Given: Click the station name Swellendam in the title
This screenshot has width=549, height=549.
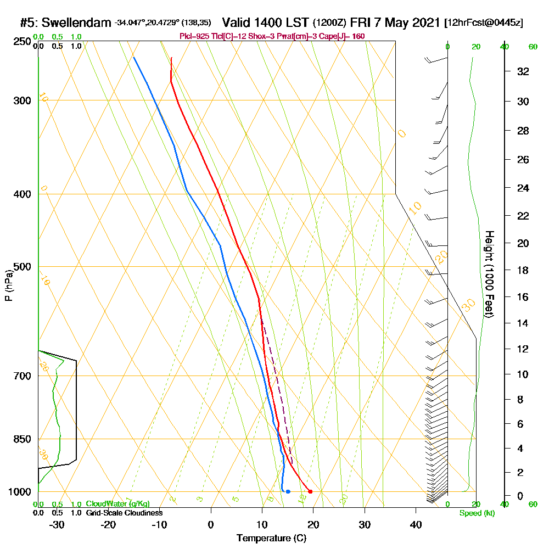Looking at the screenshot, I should (x=76, y=23).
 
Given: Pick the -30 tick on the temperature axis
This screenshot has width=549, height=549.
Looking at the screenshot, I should (x=57, y=524).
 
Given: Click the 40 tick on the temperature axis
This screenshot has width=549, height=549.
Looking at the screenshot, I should (x=416, y=524).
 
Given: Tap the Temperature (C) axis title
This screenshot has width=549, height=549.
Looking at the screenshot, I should (x=271, y=538).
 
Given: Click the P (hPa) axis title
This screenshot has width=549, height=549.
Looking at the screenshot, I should (x=8, y=285).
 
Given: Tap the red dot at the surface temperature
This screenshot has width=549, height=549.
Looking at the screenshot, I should (x=310, y=491).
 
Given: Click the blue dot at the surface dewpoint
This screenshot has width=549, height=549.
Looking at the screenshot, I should (x=288, y=491).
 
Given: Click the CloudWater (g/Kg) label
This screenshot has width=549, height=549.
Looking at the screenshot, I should (x=117, y=504).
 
